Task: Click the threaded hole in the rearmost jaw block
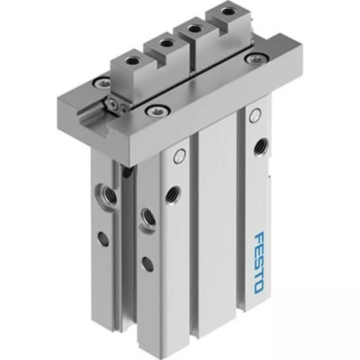click(227, 10)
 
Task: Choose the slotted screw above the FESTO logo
click(253, 116)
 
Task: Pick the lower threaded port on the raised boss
click(146, 214)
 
